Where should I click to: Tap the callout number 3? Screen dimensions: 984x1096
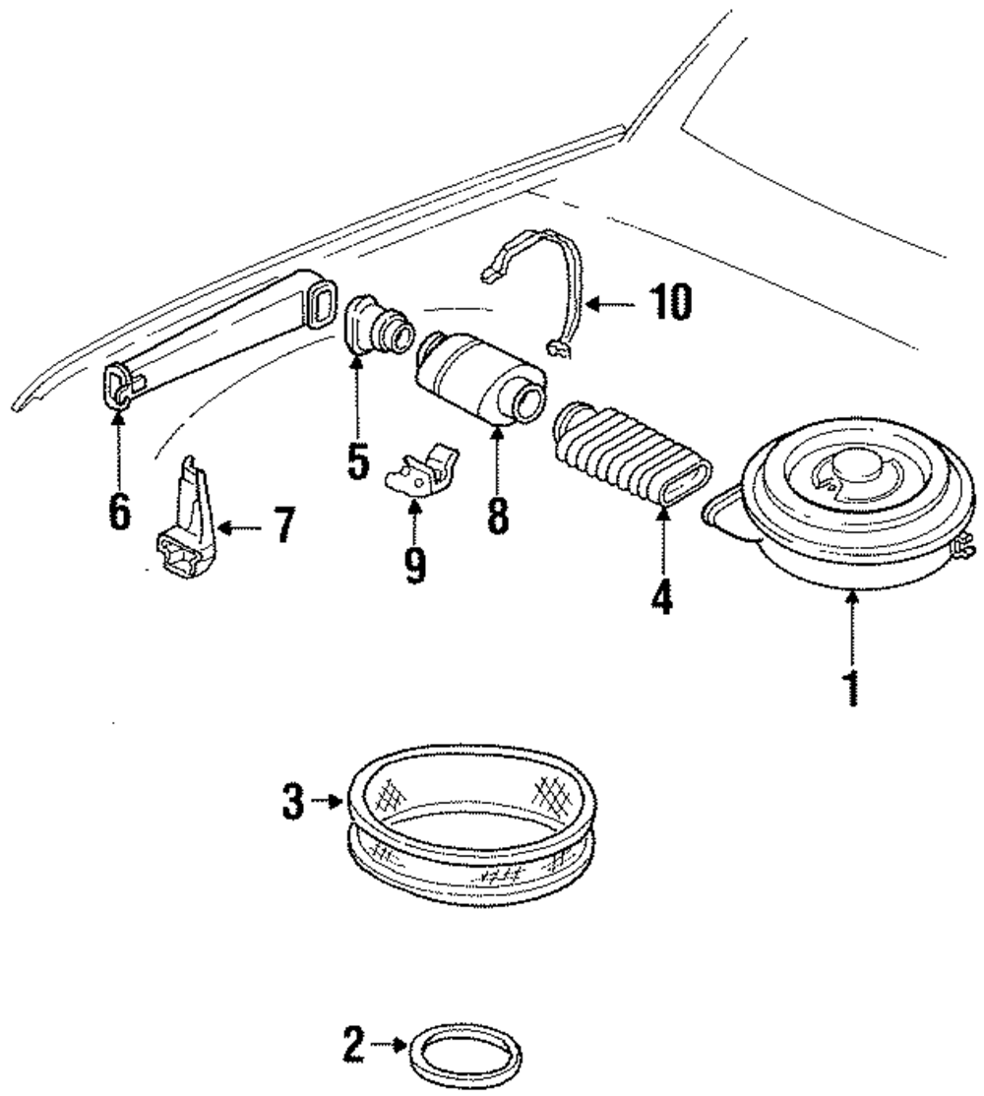[x=293, y=802]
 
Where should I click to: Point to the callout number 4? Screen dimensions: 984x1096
[x=661, y=596]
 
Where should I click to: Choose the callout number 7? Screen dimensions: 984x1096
[x=283, y=525]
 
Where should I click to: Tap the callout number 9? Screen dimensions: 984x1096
[x=414, y=564]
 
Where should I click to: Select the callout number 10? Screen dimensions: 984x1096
[x=671, y=303]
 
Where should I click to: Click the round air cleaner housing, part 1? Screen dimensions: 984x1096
[x=838, y=497]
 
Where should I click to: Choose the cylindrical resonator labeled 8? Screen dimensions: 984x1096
[x=480, y=377]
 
